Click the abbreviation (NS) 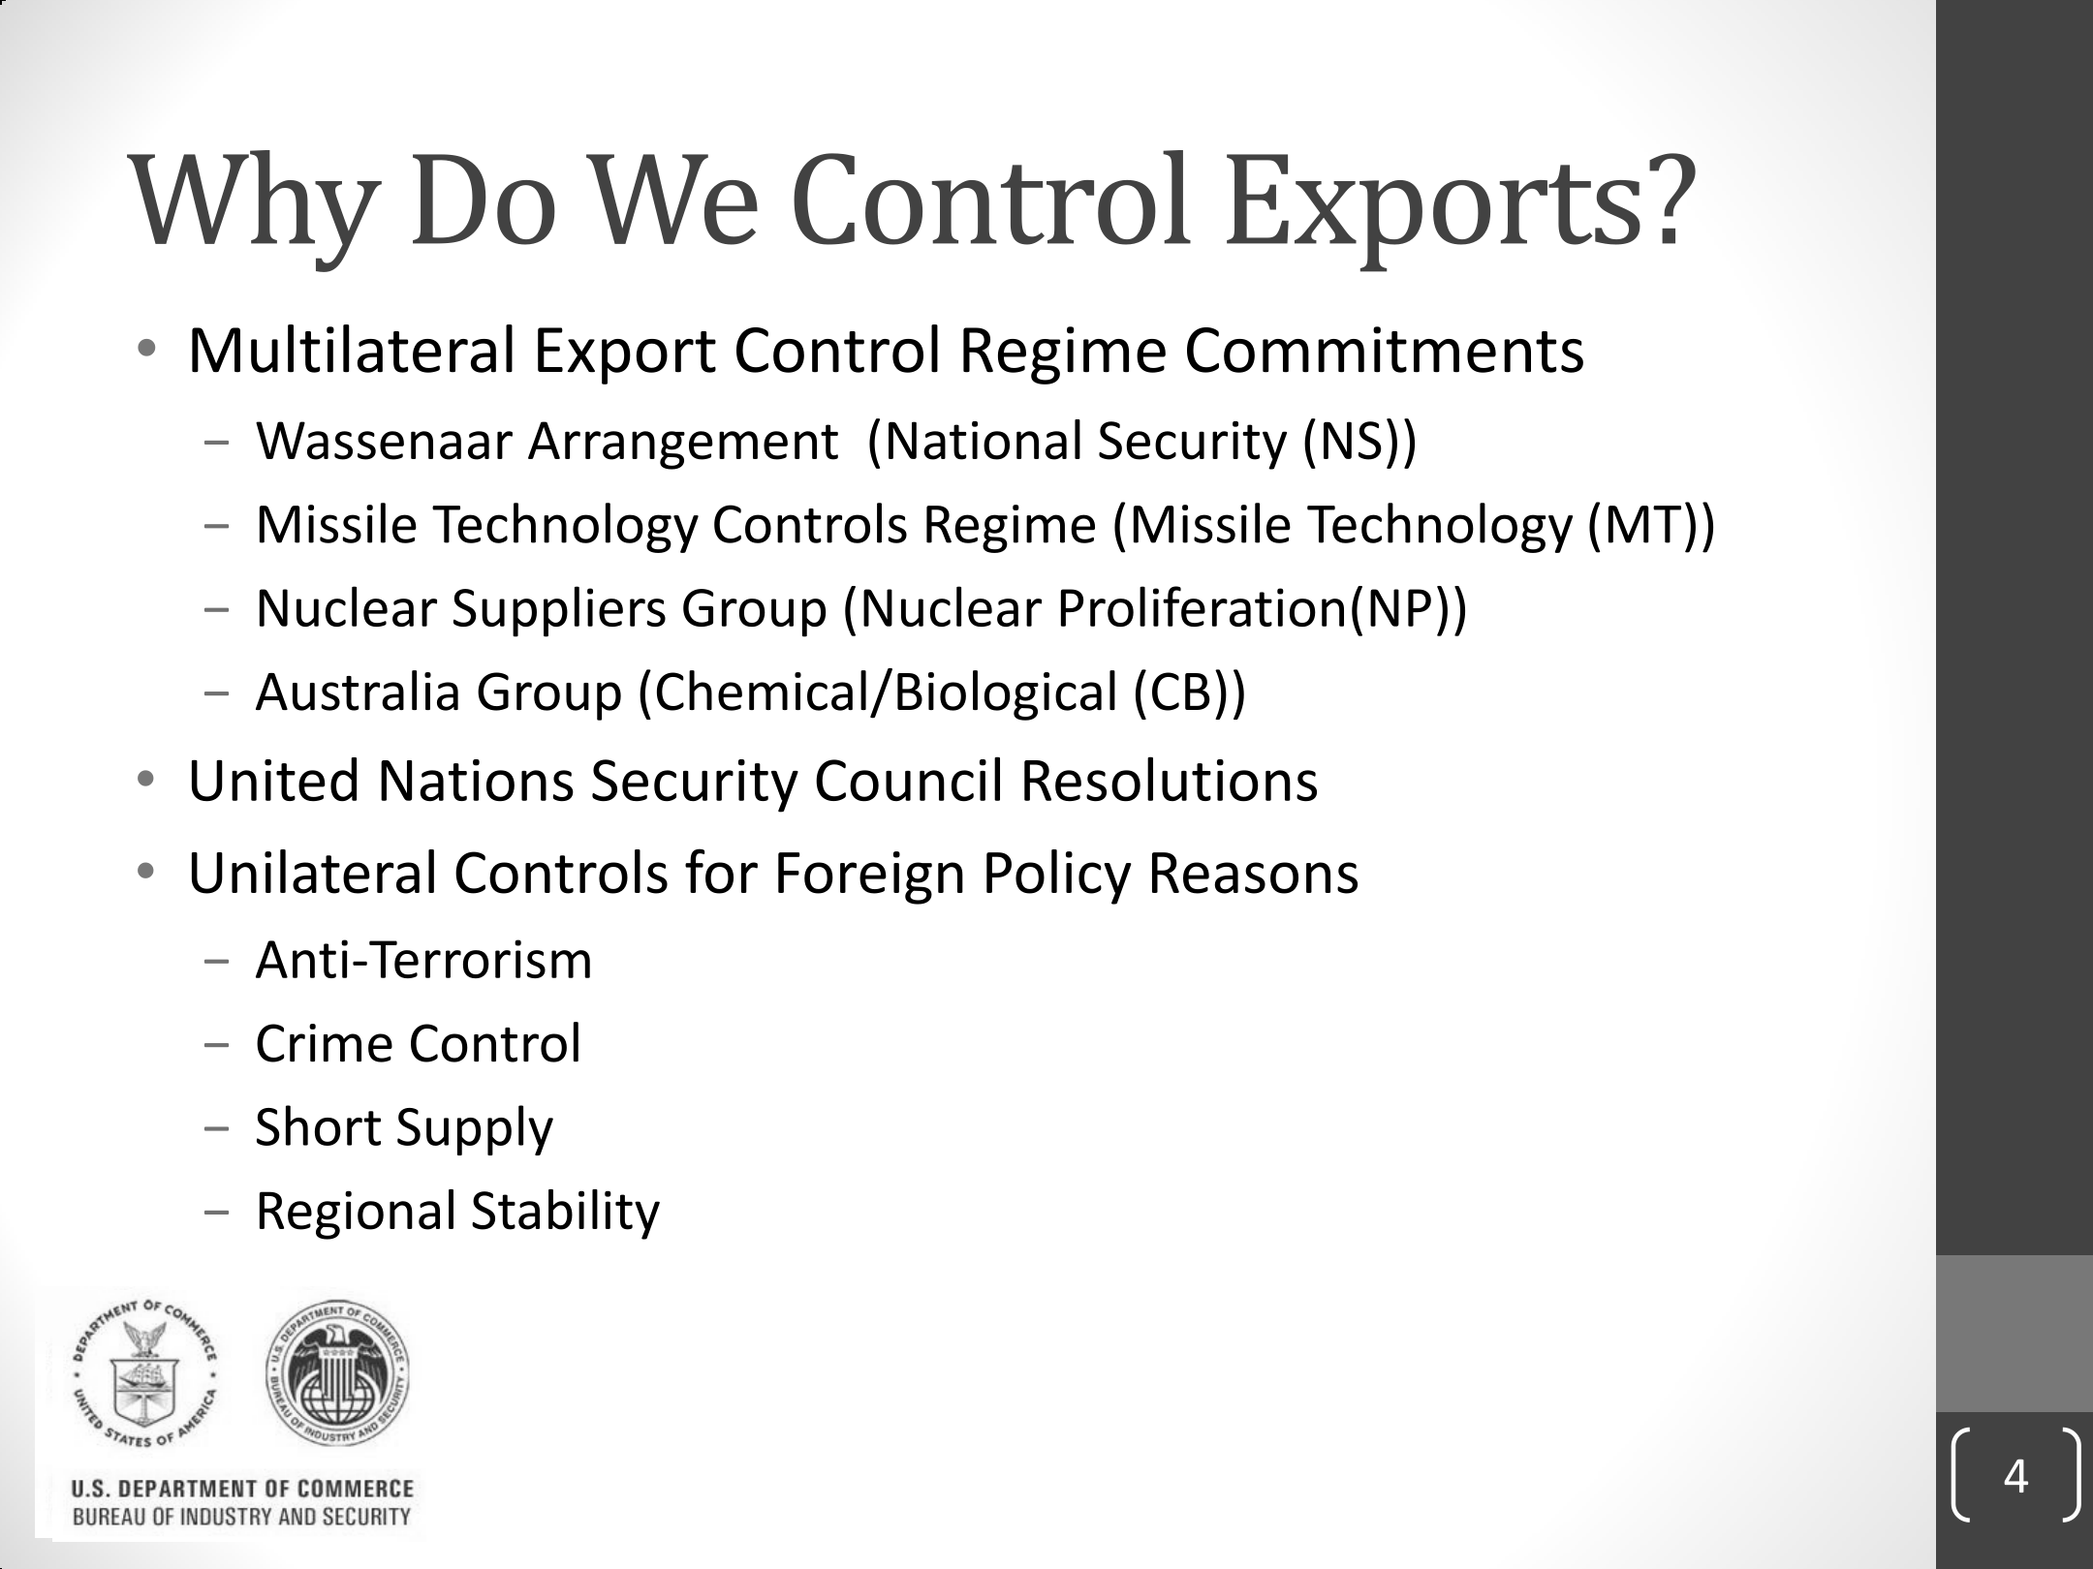coord(1350,444)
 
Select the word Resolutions coord(1169,781)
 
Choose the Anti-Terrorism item coord(423,961)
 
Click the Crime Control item coord(418,1044)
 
